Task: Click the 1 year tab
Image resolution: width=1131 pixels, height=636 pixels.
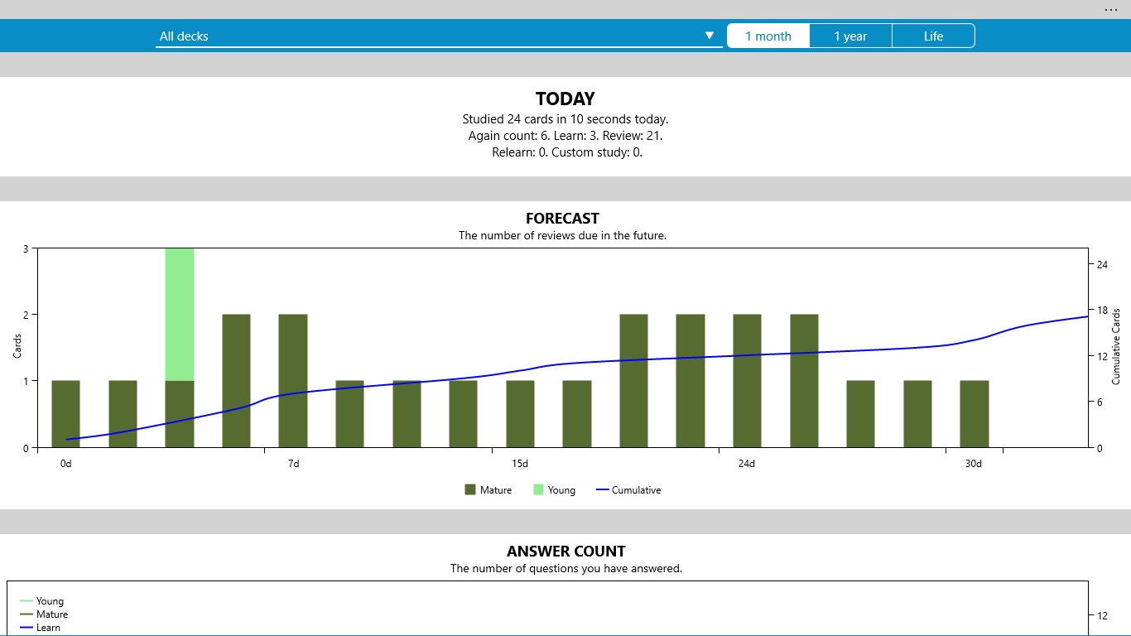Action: point(850,36)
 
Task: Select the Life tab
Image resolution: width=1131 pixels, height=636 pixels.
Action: point(933,36)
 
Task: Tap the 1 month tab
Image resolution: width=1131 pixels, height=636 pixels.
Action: point(768,36)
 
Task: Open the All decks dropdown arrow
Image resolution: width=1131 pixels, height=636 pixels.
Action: point(710,36)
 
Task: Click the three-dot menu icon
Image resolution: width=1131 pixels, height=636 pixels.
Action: point(1110,10)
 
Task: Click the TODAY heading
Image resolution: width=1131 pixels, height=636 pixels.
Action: point(565,99)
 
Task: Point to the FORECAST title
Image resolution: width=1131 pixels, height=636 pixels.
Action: point(562,219)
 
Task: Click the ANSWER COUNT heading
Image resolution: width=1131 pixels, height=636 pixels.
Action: point(566,552)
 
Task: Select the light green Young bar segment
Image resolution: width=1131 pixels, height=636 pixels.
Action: point(180,315)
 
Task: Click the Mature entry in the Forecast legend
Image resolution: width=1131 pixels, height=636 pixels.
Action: point(488,490)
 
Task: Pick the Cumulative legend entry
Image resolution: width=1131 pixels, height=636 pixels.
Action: point(628,490)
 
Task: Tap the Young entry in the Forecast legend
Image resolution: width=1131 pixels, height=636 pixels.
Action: point(554,490)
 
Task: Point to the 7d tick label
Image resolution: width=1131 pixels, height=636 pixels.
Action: point(294,464)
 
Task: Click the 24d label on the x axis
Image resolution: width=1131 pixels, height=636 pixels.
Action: point(747,464)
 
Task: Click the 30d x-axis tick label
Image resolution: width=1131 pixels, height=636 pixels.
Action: point(974,464)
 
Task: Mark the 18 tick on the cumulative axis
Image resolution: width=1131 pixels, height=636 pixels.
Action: point(1102,311)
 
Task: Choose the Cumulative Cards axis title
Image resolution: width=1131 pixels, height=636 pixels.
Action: point(1116,346)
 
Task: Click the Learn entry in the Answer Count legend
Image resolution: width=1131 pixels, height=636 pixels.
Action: point(48,628)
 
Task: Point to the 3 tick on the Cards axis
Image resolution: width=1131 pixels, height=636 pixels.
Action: point(26,248)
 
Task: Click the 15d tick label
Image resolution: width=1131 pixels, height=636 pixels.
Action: point(520,464)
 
